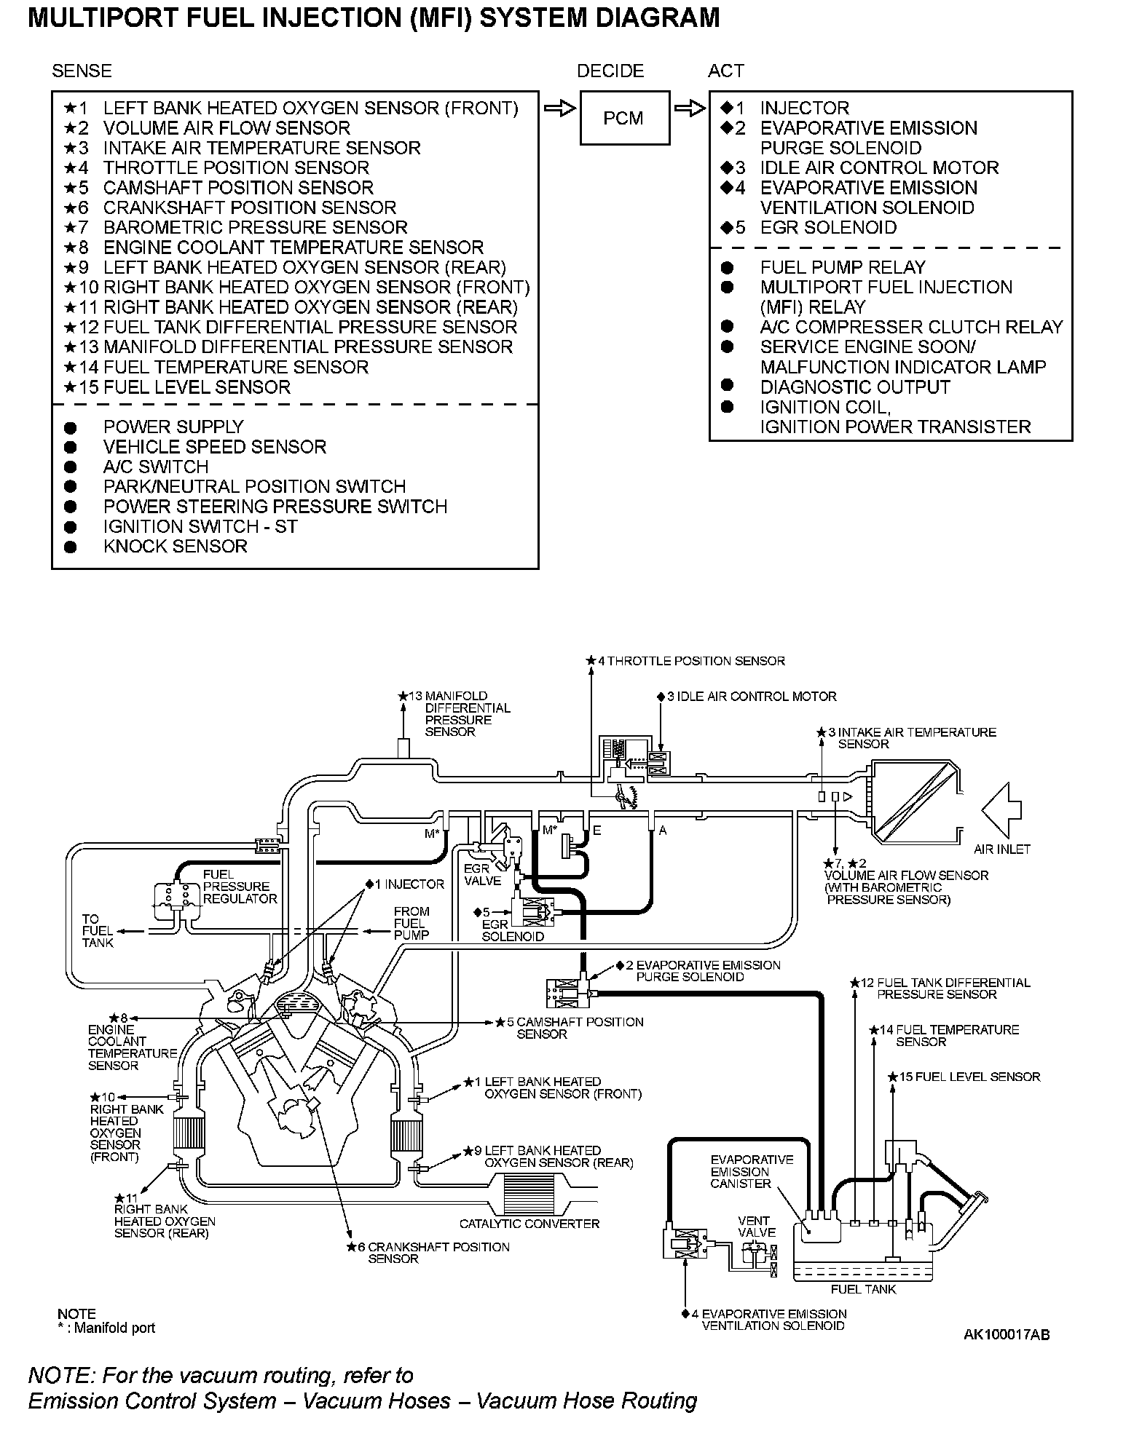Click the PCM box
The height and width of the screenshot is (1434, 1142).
pyautogui.click(x=624, y=118)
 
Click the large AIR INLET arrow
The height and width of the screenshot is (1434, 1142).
pyautogui.click(x=1001, y=810)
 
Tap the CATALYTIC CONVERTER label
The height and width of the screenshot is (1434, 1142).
pyautogui.click(x=529, y=1224)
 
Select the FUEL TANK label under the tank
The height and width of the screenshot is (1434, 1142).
pyautogui.click(x=863, y=1289)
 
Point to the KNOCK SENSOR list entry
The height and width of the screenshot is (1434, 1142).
pyautogui.click(x=175, y=546)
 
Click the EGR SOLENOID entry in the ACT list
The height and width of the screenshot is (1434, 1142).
pyautogui.click(x=827, y=227)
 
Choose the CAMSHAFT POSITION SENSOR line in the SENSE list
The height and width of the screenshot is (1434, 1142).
pyautogui.click(x=237, y=188)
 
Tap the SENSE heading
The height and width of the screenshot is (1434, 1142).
pyautogui.click(x=82, y=71)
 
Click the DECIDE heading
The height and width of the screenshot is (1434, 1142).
pyautogui.click(x=610, y=71)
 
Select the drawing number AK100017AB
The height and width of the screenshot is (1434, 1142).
pyautogui.click(x=1007, y=1334)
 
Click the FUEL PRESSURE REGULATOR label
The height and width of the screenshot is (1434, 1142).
pyautogui.click(x=240, y=887)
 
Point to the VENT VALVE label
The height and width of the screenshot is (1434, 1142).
pyautogui.click(x=757, y=1227)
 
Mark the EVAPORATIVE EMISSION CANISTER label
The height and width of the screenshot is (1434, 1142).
pyautogui.click(x=741, y=1171)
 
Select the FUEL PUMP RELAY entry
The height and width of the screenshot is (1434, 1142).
pyautogui.click(x=842, y=267)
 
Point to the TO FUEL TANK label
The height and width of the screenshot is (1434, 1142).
pyautogui.click(x=97, y=930)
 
